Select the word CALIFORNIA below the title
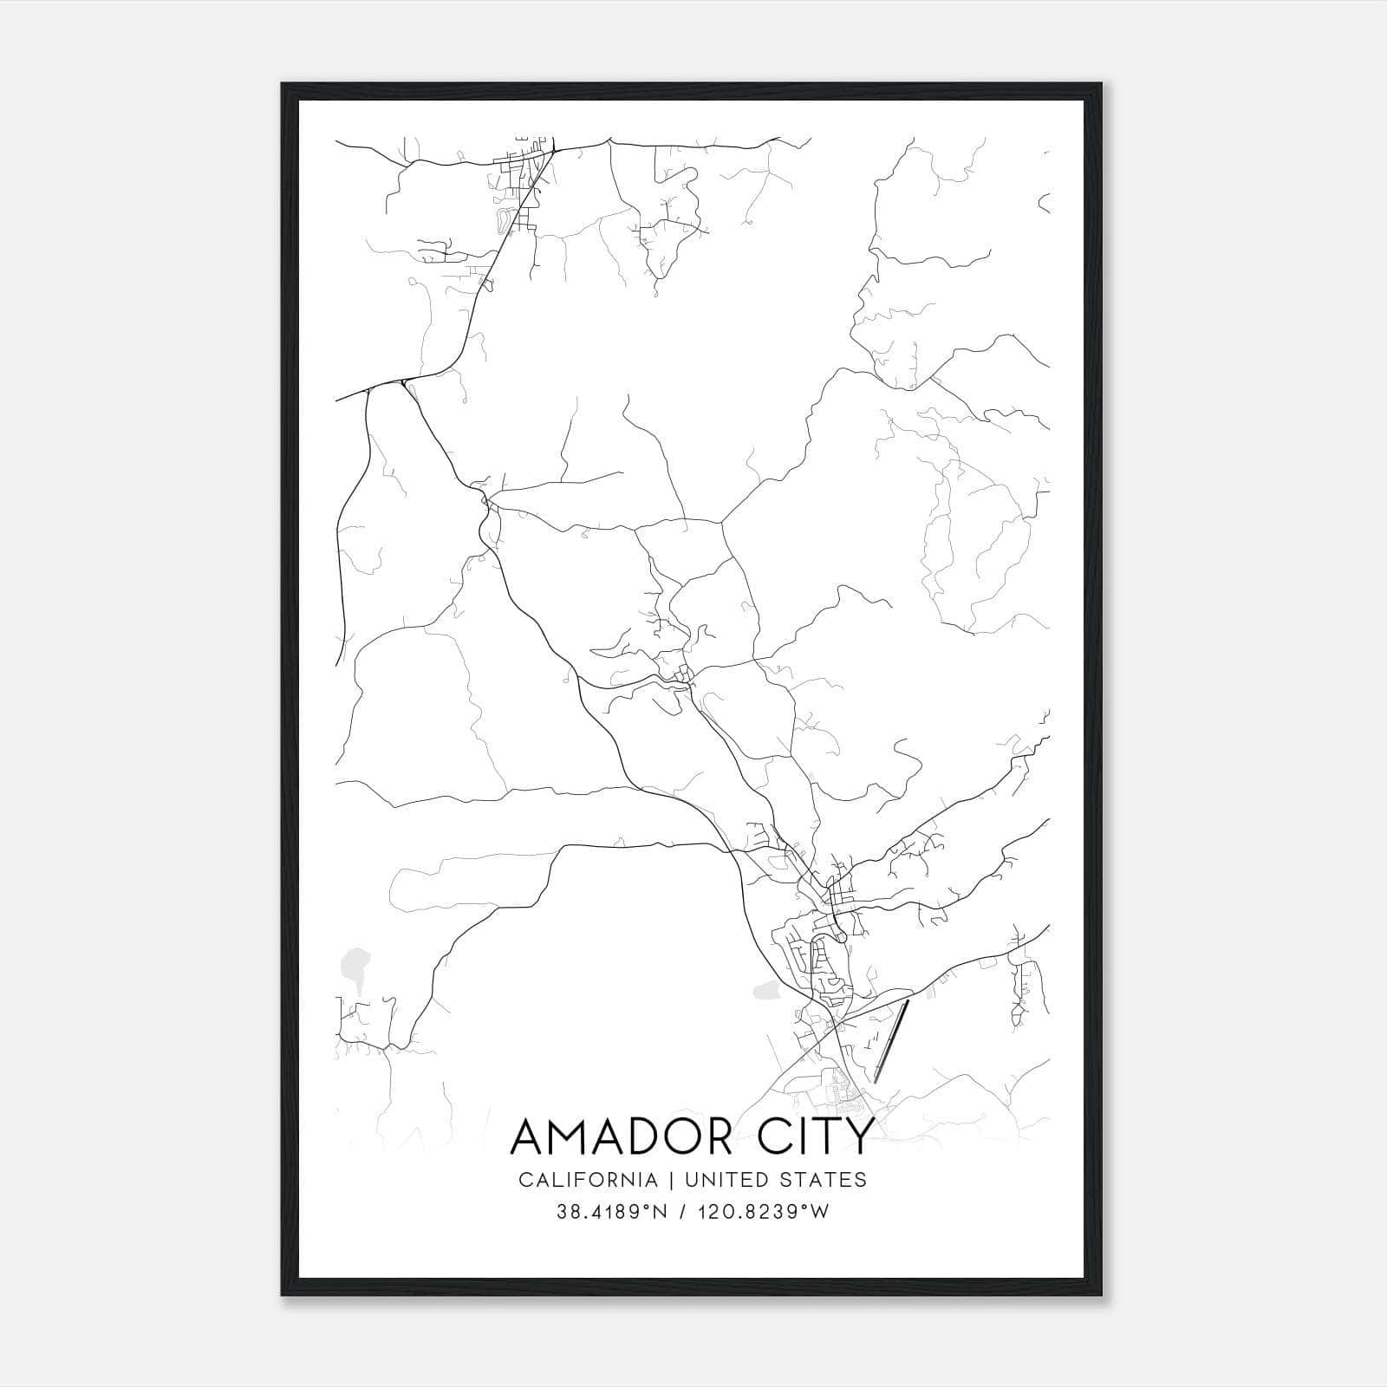click(588, 1180)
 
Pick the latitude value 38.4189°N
click(612, 1212)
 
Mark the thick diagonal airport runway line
click(891, 1040)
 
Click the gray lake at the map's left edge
click(353, 963)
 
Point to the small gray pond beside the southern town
click(767, 989)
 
